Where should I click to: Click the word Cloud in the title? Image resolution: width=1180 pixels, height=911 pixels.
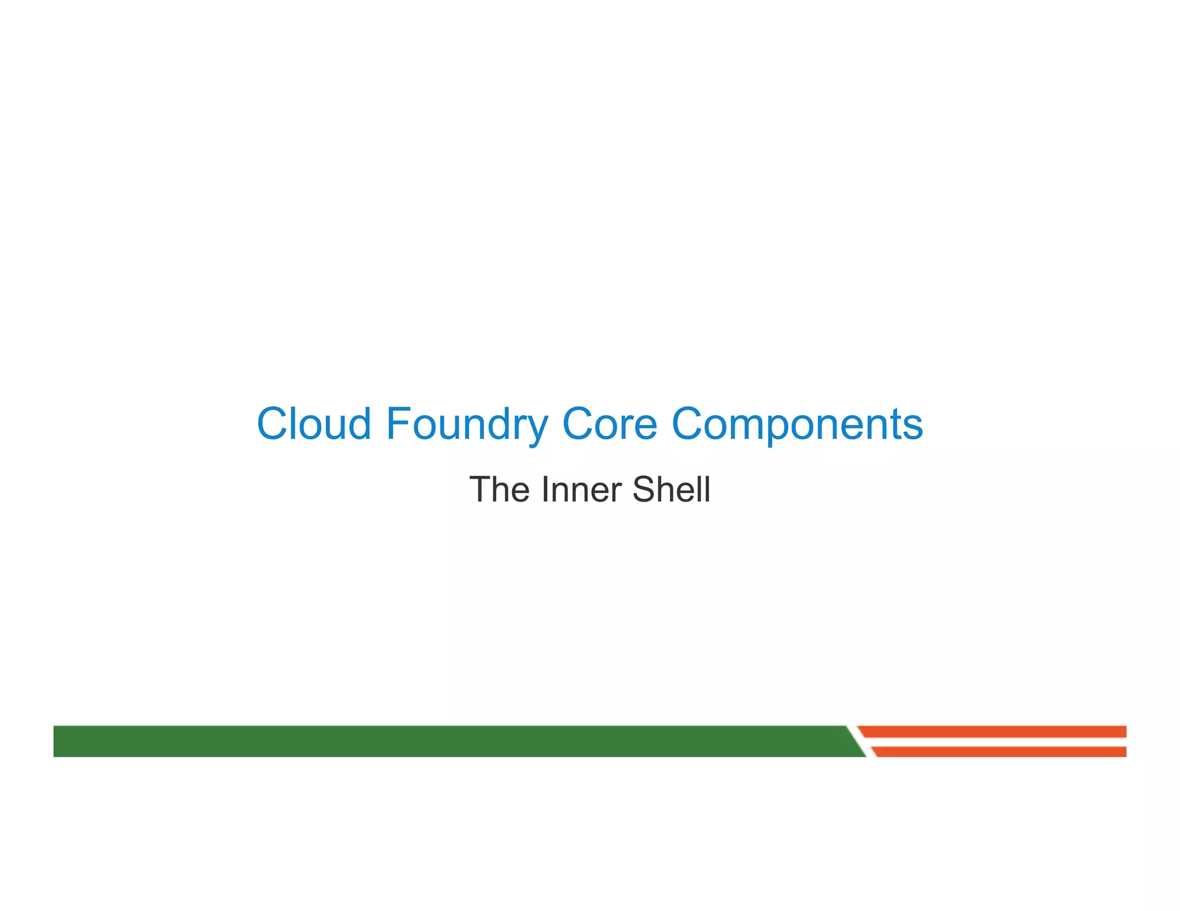click(x=314, y=424)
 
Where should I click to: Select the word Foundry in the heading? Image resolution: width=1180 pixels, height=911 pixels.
click(x=467, y=425)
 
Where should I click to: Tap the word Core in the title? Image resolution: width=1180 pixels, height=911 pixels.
click(x=610, y=424)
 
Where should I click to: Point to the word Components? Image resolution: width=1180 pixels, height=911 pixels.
click(x=797, y=425)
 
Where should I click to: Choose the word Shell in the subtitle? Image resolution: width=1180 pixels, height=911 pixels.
click(x=671, y=489)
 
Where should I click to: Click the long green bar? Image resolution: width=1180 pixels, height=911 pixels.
click(x=449, y=741)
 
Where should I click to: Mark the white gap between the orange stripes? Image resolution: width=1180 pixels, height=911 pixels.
click(x=997, y=742)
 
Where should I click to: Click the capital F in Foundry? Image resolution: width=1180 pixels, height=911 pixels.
click(x=398, y=424)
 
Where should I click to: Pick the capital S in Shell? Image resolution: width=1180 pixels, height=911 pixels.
click(x=644, y=489)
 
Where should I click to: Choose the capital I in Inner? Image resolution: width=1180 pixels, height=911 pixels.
click(x=544, y=489)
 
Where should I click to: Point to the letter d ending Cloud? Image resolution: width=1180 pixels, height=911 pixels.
click(x=359, y=424)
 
